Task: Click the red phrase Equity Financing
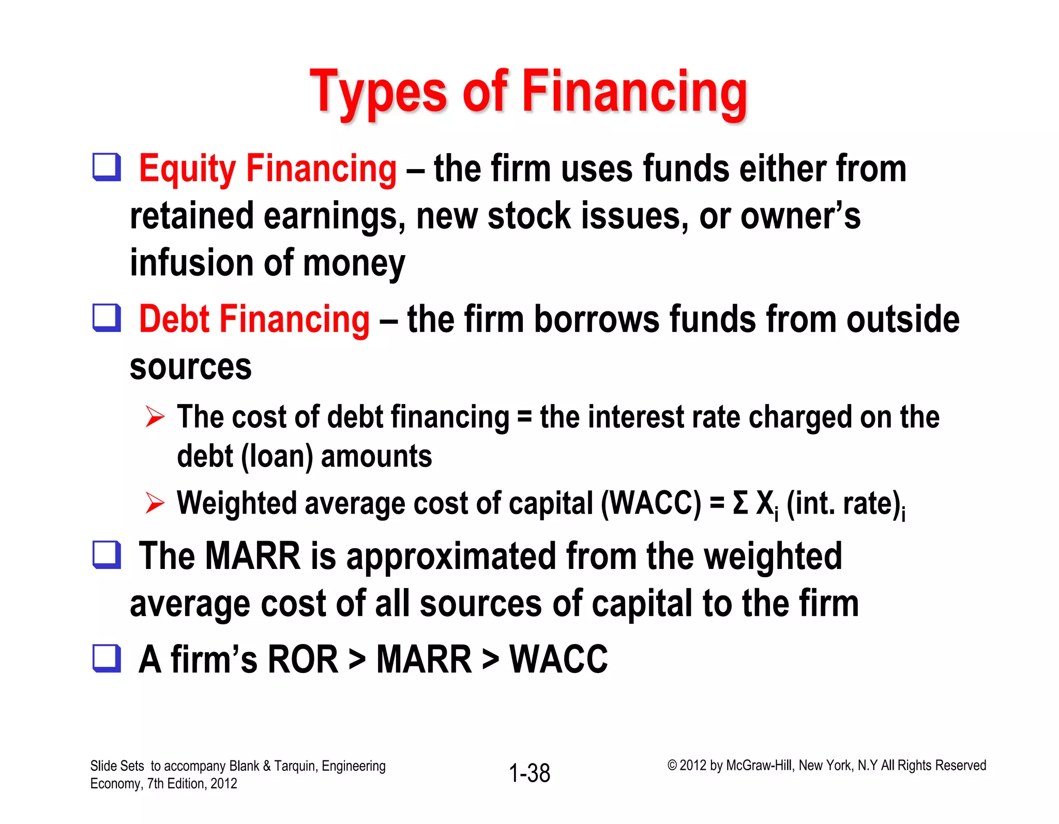tap(268, 169)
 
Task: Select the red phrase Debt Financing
tap(254, 319)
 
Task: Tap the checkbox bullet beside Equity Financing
tap(107, 167)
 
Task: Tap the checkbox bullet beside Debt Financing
tap(107, 317)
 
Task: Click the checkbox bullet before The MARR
tap(107, 555)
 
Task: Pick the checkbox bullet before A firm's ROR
tap(107, 658)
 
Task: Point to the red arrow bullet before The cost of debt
tap(155, 416)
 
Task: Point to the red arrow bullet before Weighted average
tap(155, 503)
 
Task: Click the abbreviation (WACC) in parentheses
tap(651, 503)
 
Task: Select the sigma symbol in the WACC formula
tap(740, 503)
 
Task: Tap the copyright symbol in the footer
tap(672, 766)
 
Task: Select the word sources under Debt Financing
tap(191, 367)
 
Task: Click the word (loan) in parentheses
tap(277, 457)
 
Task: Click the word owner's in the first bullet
tap(800, 216)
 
